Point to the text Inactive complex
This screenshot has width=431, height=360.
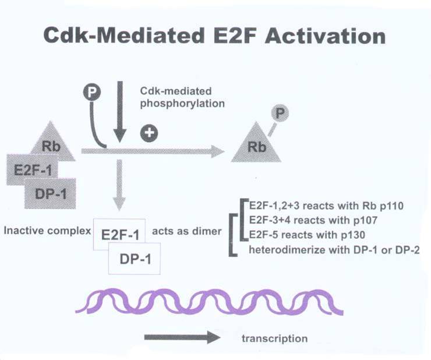coord(47,231)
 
